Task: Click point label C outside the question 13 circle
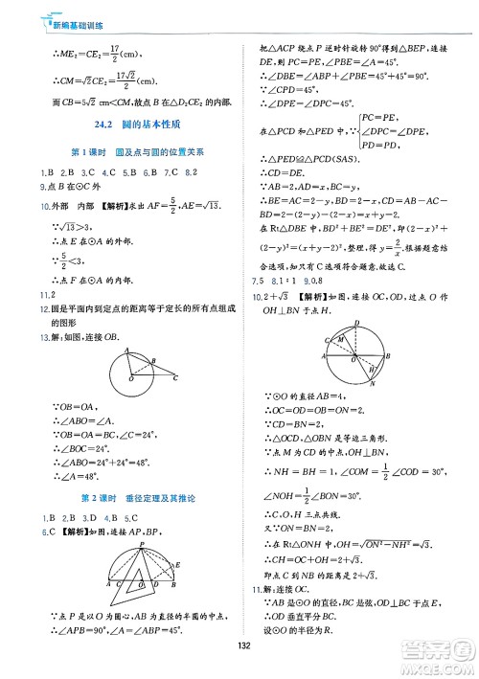pyautogui.click(x=176, y=378)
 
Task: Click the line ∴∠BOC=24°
pyautogui.click(x=75, y=446)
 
